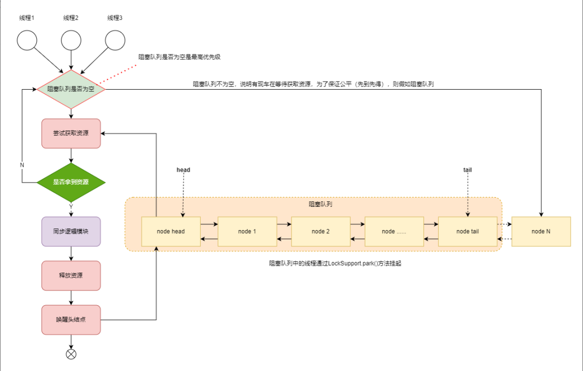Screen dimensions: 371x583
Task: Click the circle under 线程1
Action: [x=27, y=39]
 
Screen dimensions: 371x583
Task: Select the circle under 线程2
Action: [x=71, y=39]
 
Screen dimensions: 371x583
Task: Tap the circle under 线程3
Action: [x=115, y=39]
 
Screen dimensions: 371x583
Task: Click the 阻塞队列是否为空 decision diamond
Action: [x=71, y=89]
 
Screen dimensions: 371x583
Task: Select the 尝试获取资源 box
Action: [x=71, y=133]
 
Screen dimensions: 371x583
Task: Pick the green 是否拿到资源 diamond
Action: [x=71, y=183]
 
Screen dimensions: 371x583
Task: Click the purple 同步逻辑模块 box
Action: [x=71, y=232]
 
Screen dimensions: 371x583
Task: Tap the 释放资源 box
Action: [x=71, y=275]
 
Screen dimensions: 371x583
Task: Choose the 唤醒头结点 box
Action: [x=71, y=320]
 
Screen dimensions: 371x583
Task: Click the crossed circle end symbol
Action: [x=71, y=354]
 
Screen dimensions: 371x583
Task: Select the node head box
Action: [x=171, y=232]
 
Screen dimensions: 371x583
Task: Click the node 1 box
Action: [x=247, y=232]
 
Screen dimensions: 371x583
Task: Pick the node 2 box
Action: [x=321, y=232]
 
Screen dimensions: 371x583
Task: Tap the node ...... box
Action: [x=394, y=232]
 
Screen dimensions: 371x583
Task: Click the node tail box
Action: [x=467, y=232]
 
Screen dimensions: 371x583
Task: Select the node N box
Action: [x=541, y=232]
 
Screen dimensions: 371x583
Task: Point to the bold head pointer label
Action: [x=184, y=170]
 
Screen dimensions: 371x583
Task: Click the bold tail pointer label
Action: [x=467, y=170]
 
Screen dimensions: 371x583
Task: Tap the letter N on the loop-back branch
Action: [x=22, y=164]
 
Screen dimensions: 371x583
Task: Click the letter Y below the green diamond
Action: [x=71, y=207]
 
